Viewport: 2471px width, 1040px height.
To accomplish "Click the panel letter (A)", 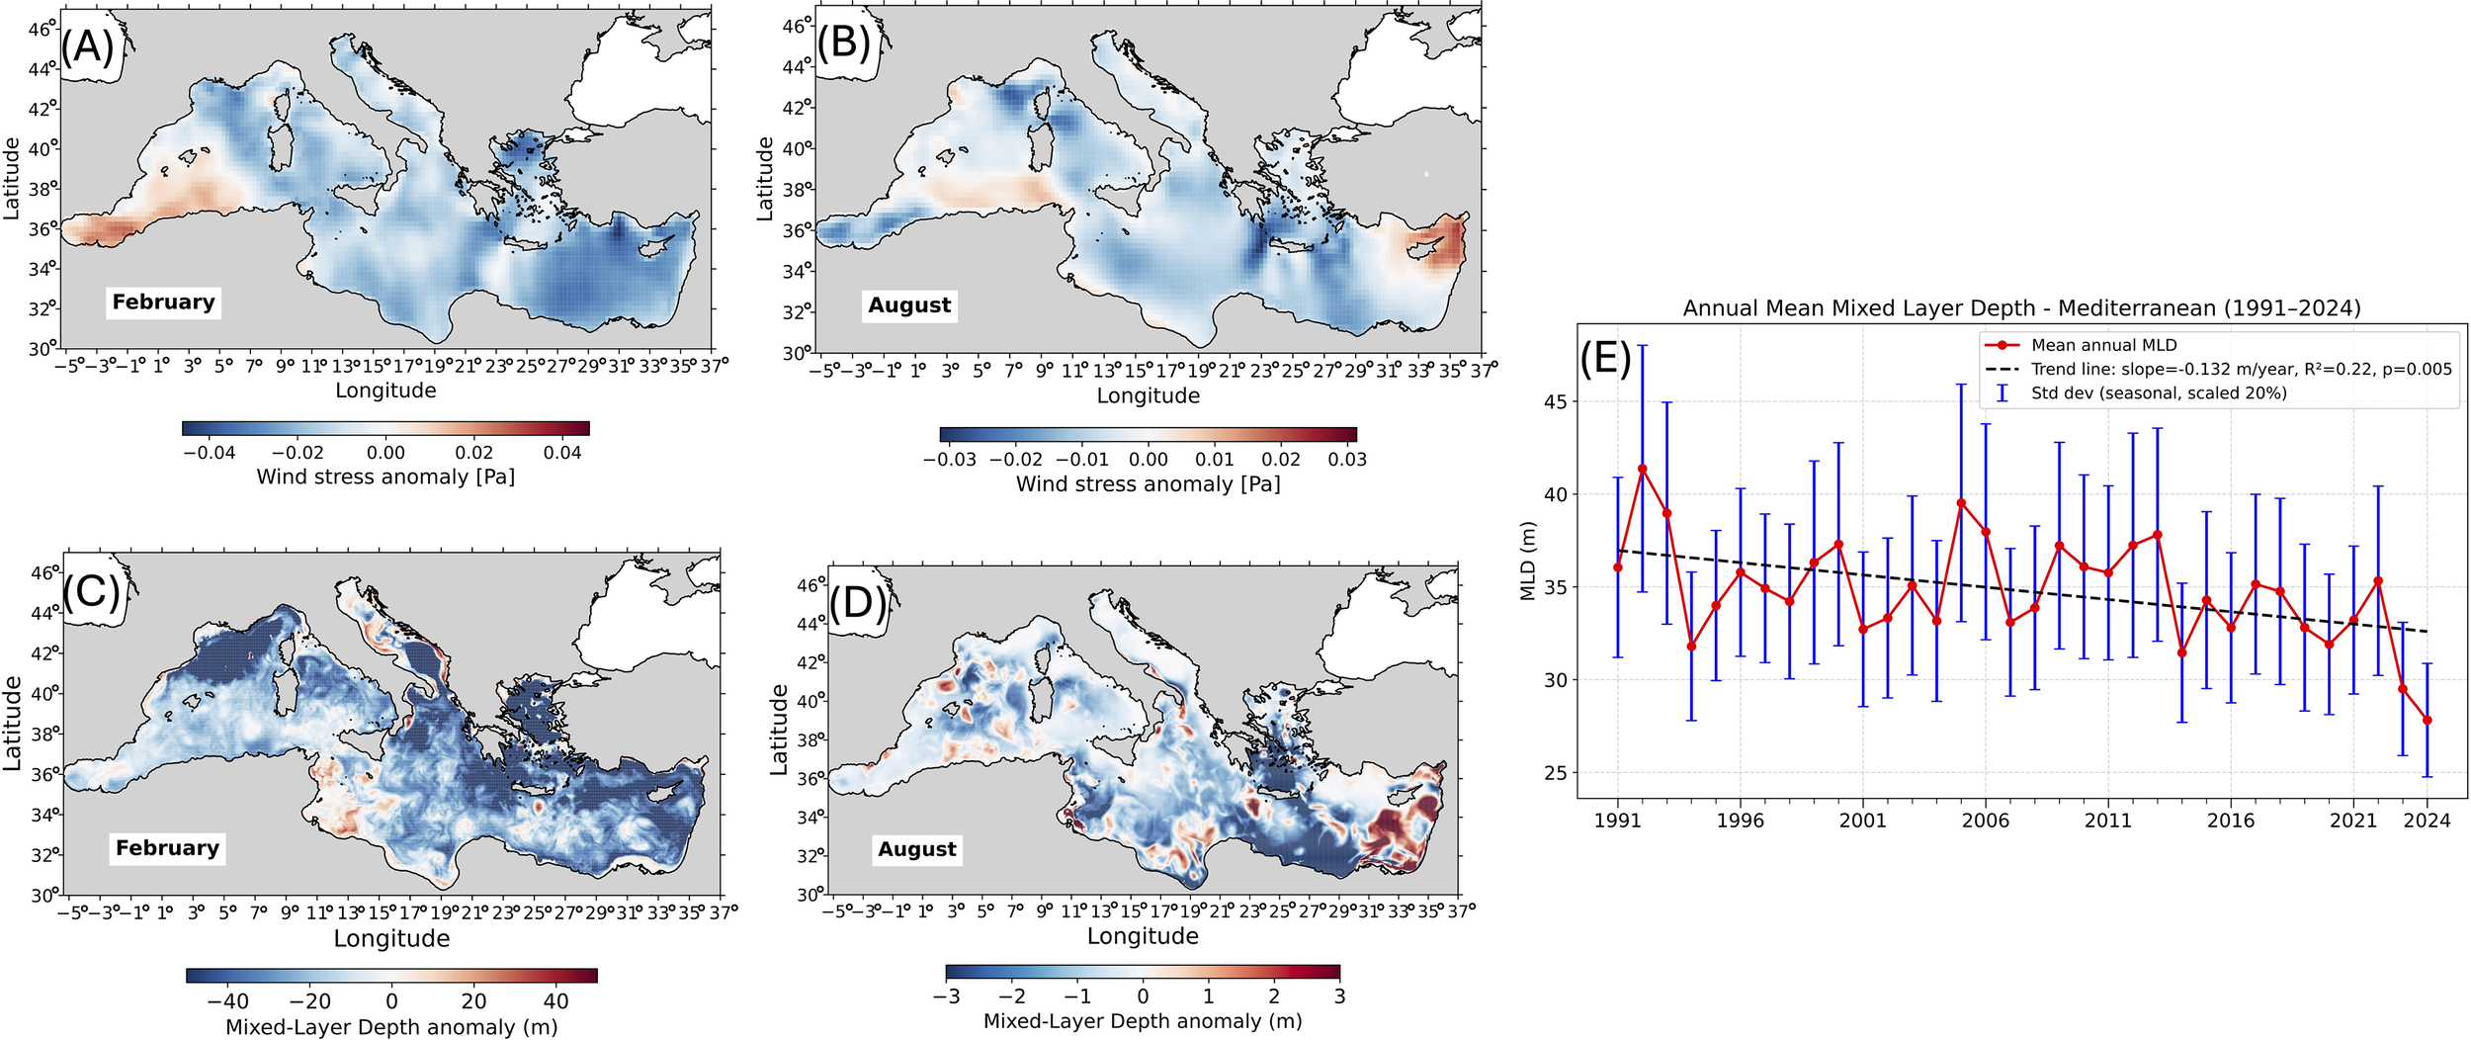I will (88, 46).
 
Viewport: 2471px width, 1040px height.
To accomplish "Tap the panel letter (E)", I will (1605, 358).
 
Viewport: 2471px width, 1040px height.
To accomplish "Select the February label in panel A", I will (163, 303).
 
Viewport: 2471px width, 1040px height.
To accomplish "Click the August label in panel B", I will (909, 305).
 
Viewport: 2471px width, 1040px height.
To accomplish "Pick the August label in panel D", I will (917, 849).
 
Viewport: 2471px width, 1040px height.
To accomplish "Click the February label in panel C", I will (167, 848).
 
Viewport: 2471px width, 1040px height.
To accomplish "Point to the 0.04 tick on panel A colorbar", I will (562, 453).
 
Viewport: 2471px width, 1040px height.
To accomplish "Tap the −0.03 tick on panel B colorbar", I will (949, 460).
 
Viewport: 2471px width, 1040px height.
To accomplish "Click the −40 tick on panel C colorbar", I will (228, 1000).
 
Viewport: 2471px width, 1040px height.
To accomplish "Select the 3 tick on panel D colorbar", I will (1339, 997).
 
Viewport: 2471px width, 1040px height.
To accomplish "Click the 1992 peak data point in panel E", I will (1643, 469).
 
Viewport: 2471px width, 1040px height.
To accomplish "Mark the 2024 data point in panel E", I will (2428, 721).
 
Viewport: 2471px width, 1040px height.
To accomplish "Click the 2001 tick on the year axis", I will (1863, 821).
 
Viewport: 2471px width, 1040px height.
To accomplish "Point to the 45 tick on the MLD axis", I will (1556, 402).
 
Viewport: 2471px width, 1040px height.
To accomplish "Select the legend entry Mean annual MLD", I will (2103, 345).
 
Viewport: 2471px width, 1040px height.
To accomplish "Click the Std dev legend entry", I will (2159, 393).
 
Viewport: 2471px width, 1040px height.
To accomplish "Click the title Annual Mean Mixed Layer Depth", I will (2021, 308).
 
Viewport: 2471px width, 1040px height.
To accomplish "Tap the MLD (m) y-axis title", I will (1528, 561).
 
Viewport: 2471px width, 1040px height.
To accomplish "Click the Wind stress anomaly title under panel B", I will (1148, 484).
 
